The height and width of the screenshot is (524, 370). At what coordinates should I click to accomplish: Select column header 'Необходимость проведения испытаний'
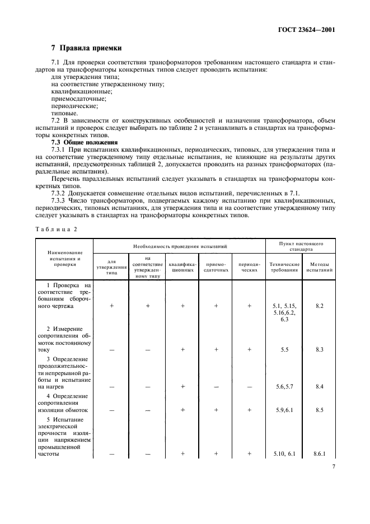179,246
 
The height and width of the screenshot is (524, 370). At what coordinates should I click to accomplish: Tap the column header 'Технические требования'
284,267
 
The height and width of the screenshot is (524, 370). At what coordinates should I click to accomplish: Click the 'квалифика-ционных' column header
182,267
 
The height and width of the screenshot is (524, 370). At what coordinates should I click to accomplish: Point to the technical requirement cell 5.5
284,349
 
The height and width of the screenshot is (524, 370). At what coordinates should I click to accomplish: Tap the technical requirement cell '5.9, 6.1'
284,410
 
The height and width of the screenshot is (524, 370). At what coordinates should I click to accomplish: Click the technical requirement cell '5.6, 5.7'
284,386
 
